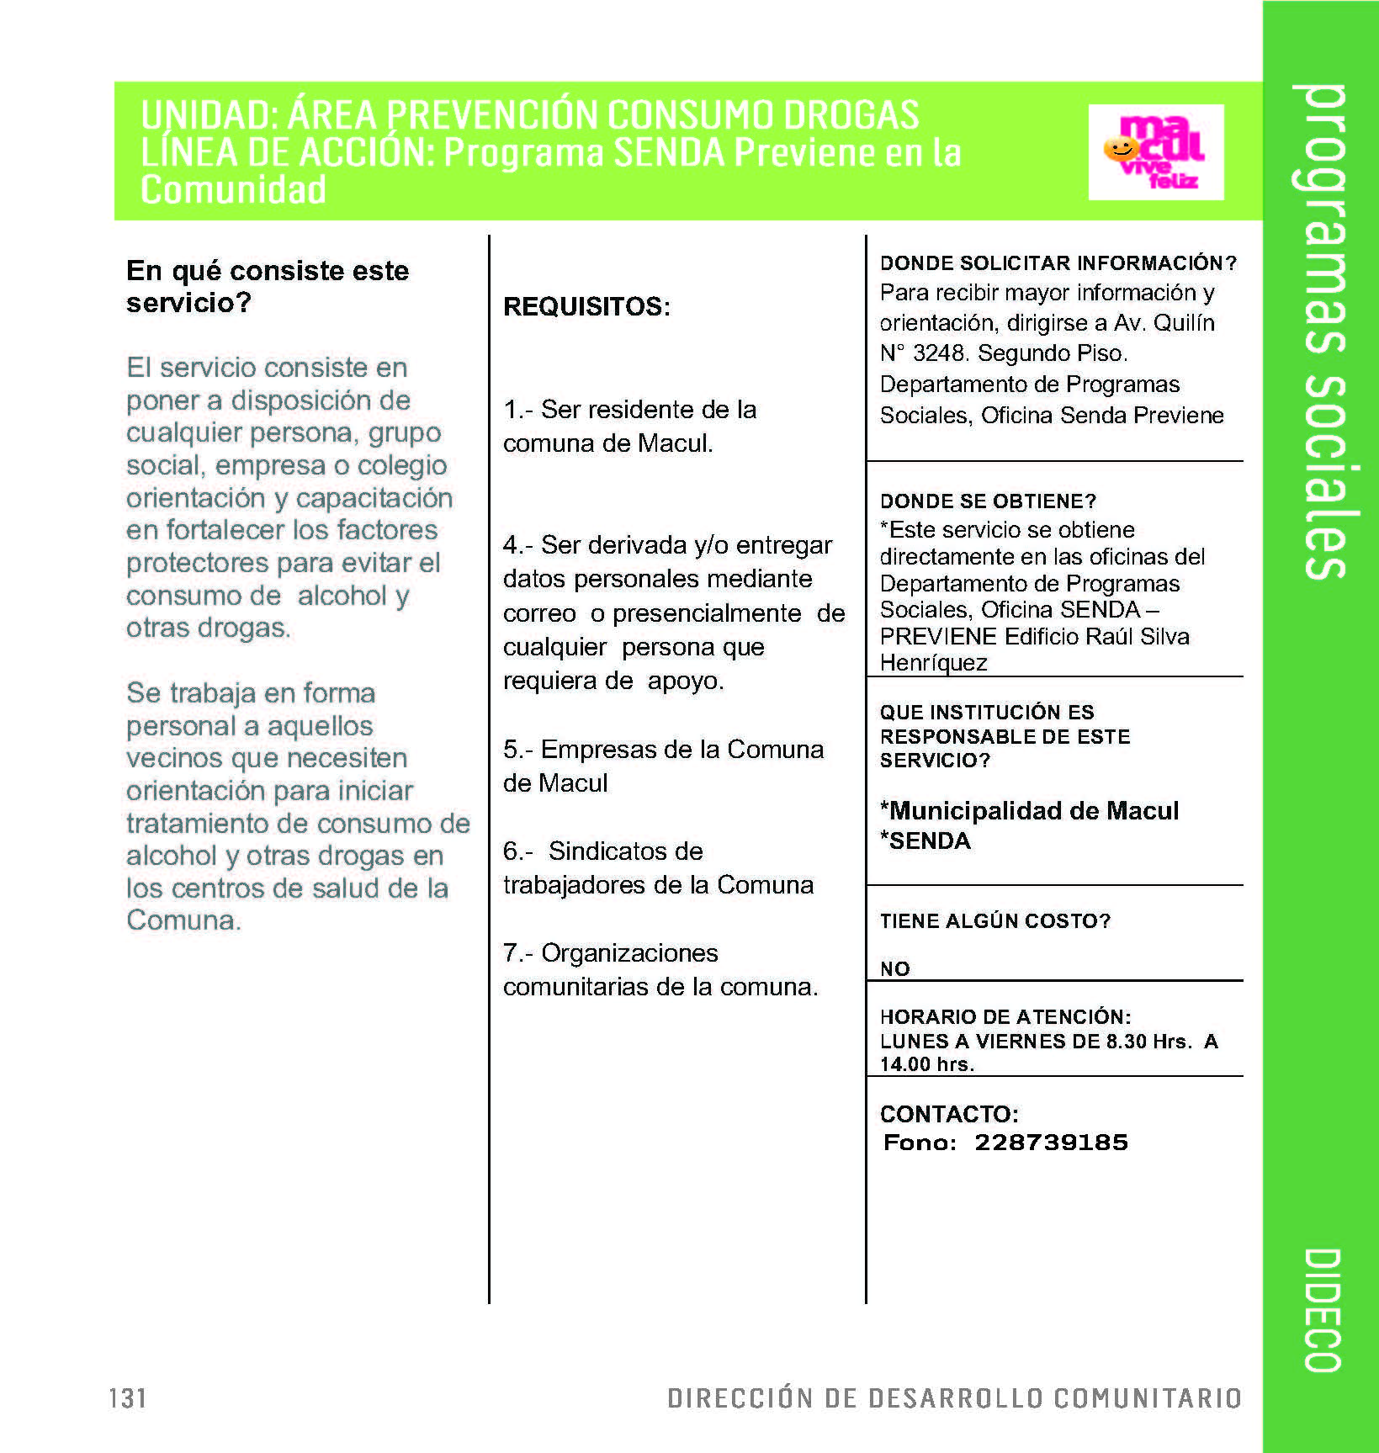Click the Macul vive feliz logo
click(x=1155, y=152)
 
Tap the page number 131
click(x=128, y=1397)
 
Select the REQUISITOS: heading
click(x=586, y=306)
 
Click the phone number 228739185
click(x=1051, y=1142)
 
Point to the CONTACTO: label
click(x=949, y=1114)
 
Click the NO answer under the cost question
click(x=894, y=968)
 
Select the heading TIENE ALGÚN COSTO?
click(x=994, y=920)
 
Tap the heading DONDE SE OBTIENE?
click(x=988, y=501)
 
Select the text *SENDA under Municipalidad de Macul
click(x=926, y=841)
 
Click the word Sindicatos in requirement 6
click(x=625, y=851)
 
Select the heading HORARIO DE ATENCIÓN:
click(x=1005, y=1016)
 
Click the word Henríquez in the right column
click(x=933, y=663)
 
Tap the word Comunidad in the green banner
click(x=233, y=190)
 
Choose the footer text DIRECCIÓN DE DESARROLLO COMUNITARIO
click(x=954, y=1397)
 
